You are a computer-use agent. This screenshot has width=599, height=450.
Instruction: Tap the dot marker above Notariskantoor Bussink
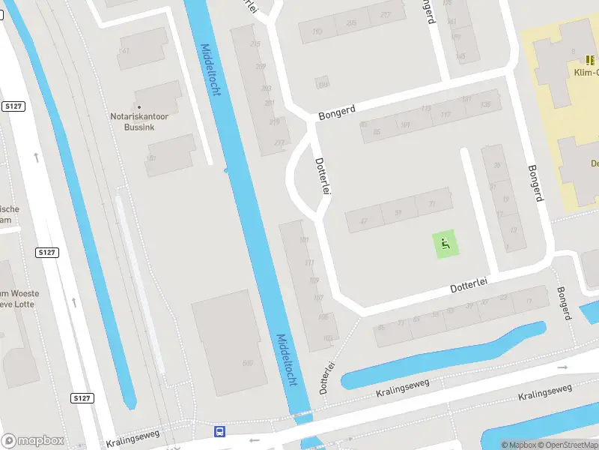pyautogui.click(x=139, y=107)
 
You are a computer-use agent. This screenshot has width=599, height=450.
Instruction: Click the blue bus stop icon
pyautogui.click(x=220, y=431)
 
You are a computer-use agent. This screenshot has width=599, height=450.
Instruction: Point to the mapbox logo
pyautogui.click(x=32, y=441)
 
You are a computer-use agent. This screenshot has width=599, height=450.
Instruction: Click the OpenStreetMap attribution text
pyautogui.click(x=566, y=445)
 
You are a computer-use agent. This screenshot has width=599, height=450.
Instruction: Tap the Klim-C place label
pyautogui.click(x=586, y=72)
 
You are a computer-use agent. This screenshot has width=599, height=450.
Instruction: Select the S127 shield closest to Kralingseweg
pyautogui.click(x=83, y=397)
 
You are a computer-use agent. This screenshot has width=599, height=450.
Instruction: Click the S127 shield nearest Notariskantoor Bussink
pyautogui.click(x=13, y=106)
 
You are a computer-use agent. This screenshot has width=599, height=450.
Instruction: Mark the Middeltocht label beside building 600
pyautogui.click(x=287, y=360)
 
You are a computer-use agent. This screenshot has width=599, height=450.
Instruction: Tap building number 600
pyautogui.click(x=247, y=363)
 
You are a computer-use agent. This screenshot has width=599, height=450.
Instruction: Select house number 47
pyautogui.click(x=364, y=221)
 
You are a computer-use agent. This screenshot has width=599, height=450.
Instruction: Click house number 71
pyautogui.click(x=431, y=204)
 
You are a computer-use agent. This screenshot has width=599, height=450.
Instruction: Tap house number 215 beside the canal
pyautogui.click(x=255, y=44)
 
